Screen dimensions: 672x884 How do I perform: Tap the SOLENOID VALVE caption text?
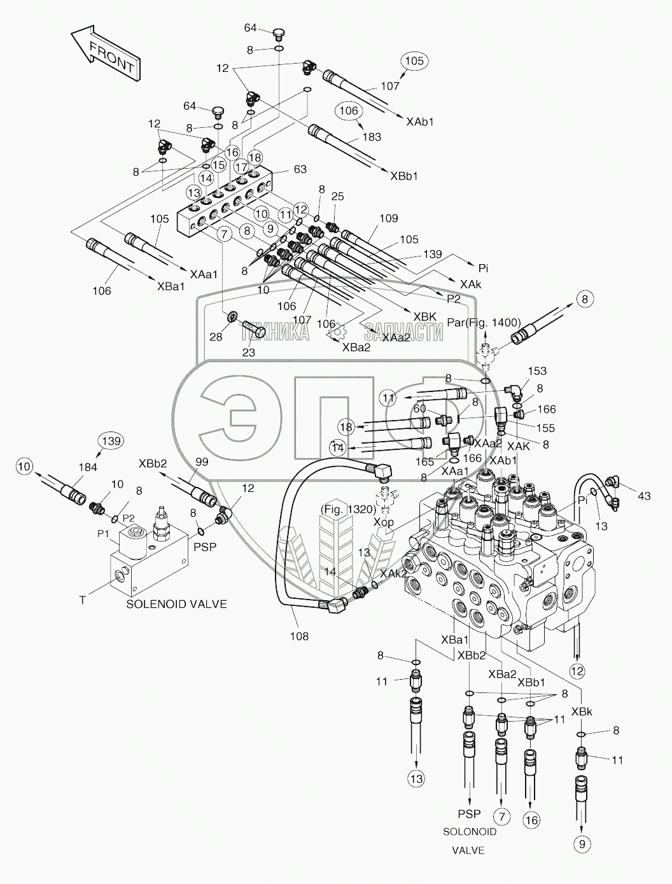click(176, 604)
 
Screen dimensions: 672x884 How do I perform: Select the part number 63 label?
click(300, 169)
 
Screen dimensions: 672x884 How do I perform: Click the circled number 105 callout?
click(414, 61)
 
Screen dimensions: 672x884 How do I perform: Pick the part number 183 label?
click(371, 137)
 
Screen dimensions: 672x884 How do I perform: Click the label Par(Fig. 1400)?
click(484, 323)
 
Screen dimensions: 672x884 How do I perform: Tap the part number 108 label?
click(299, 636)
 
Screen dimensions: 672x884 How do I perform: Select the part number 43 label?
click(644, 496)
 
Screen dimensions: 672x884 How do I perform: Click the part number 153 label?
click(536, 370)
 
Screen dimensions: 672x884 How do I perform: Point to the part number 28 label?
click(216, 337)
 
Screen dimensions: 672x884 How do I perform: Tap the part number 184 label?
click(88, 467)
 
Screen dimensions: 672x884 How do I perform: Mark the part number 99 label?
click(201, 461)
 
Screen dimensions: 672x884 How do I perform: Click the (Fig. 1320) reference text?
click(348, 509)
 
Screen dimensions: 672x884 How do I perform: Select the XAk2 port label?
click(393, 574)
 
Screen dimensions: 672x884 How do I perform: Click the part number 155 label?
click(545, 428)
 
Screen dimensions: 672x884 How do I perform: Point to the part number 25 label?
click(337, 196)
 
